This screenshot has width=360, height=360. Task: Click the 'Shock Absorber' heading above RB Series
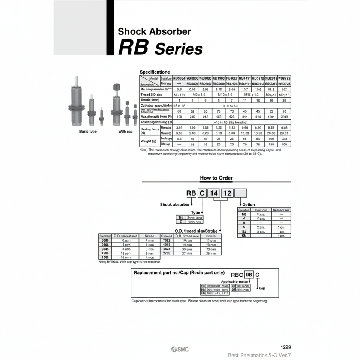tap(154, 32)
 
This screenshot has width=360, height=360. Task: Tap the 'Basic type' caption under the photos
tap(88, 132)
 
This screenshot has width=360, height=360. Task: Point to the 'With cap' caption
tap(126, 132)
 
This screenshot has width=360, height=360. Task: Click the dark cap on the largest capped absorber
tap(116, 87)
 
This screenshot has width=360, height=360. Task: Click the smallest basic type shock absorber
tap(101, 117)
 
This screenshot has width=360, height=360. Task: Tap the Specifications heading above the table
tap(154, 72)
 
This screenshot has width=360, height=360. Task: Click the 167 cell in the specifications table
tap(285, 90)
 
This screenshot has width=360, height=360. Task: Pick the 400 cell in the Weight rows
tap(285, 144)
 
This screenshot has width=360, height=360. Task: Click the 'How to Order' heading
tap(216, 178)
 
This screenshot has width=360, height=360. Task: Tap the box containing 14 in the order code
tap(214, 193)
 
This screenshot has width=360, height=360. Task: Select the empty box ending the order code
tap(240, 193)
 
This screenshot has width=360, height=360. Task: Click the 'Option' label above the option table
tap(249, 205)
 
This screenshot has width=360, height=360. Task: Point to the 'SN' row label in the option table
tap(244, 235)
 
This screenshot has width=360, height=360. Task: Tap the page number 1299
tap(285, 347)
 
